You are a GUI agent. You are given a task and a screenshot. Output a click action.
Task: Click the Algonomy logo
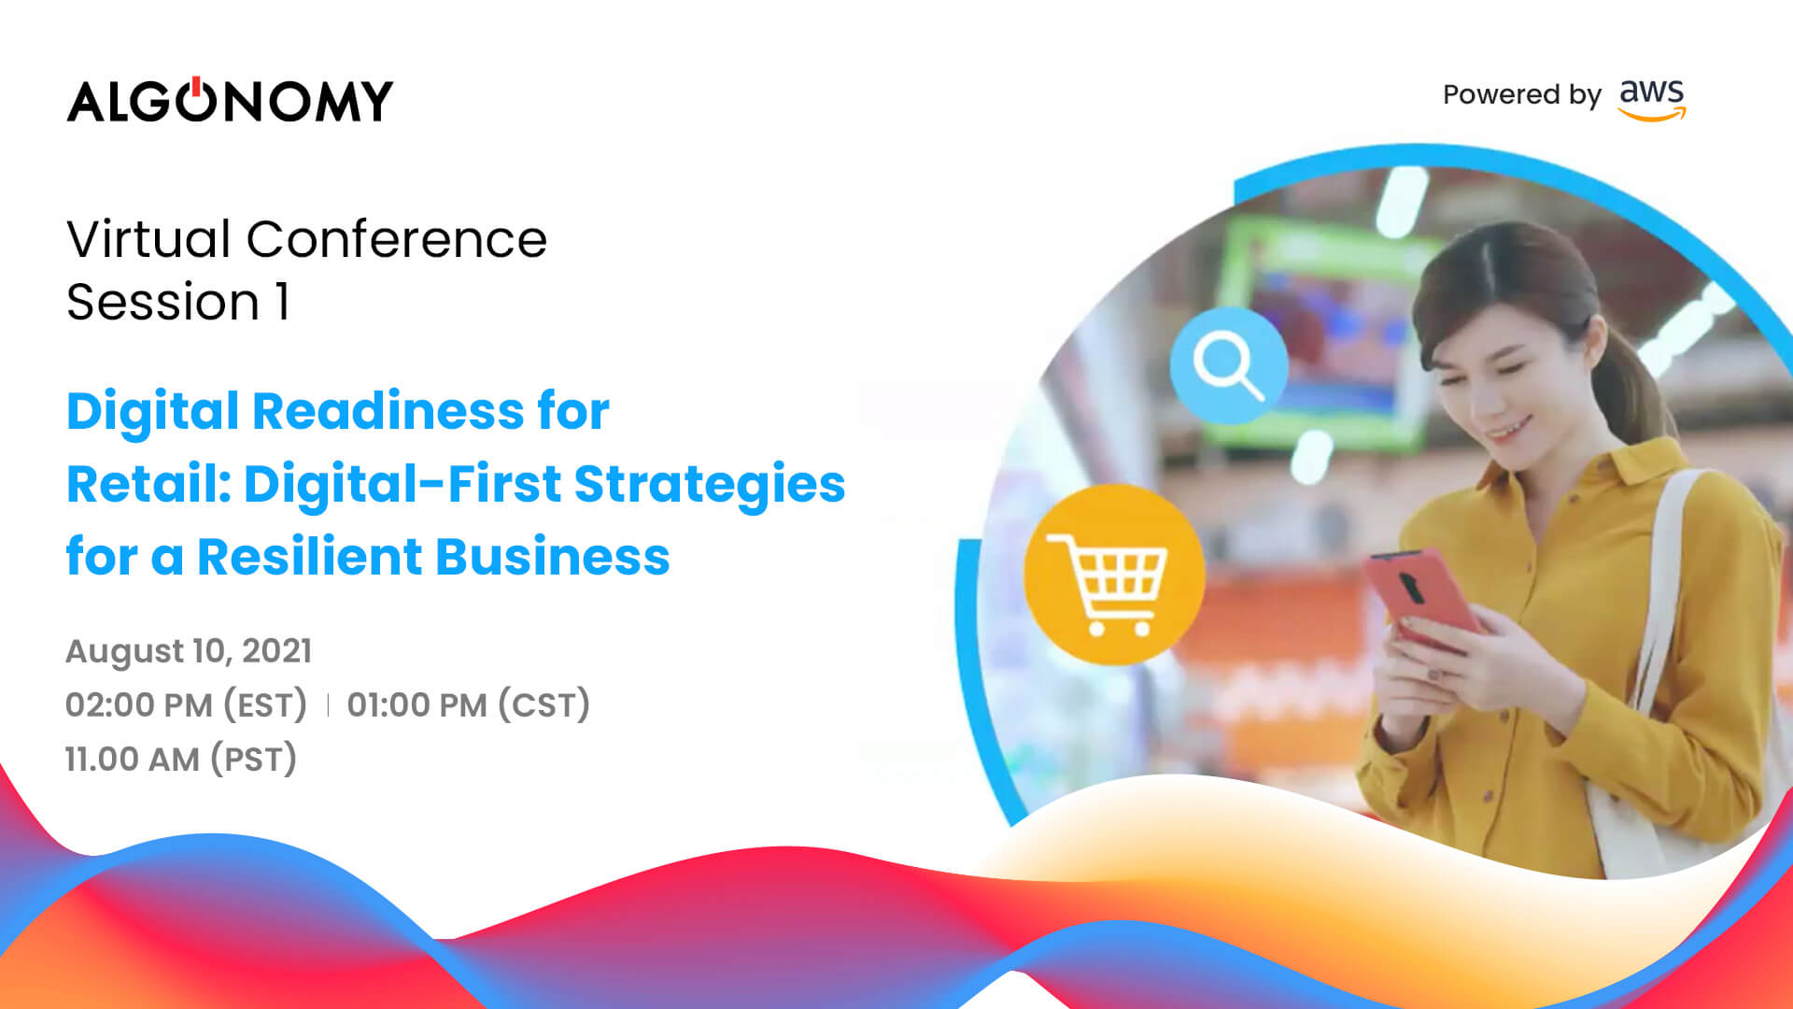coord(230,100)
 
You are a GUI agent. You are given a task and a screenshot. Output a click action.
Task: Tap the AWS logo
coord(1652,99)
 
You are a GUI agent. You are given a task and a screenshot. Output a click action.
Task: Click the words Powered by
coord(1521,95)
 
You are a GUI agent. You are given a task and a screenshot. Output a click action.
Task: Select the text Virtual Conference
coord(306,239)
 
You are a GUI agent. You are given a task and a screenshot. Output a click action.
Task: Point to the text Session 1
coord(177,302)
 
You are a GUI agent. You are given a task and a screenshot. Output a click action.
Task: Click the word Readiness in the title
coord(388,411)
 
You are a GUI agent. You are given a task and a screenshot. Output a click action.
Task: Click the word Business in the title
coord(553,557)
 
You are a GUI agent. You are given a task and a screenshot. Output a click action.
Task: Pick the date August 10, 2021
coord(189,651)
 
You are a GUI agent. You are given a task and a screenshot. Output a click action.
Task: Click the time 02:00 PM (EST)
coord(186,704)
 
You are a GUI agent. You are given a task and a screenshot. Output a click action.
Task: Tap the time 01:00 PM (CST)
coord(469,704)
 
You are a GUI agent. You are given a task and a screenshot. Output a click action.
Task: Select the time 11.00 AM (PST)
coord(181,759)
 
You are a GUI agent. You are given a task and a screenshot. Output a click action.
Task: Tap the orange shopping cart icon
coord(1114,575)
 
